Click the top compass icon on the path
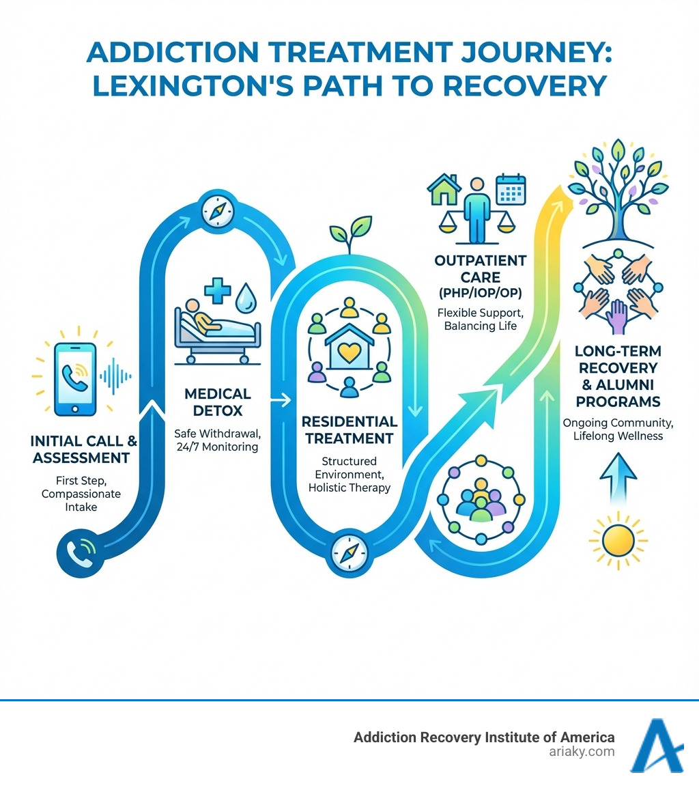(x=218, y=211)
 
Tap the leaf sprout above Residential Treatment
(x=350, y=234)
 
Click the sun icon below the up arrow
(x=618, y=537)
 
